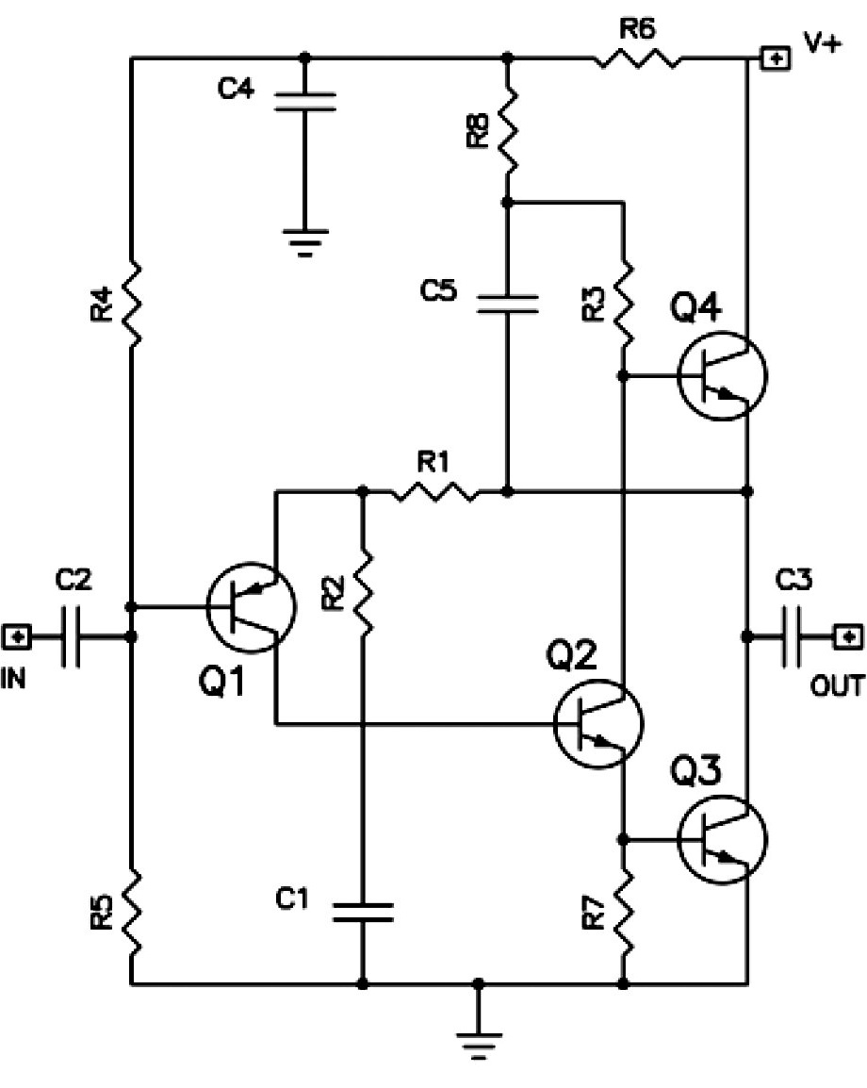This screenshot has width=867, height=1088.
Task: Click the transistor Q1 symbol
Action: (251, 607)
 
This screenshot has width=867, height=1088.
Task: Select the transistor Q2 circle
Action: (598, 724)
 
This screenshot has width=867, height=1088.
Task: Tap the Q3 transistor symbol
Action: (722, 840)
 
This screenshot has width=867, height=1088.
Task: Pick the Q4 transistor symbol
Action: (722, 375)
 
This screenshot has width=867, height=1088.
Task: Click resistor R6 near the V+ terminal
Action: (636, 58)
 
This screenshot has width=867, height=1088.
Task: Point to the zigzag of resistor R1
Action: (434, 492)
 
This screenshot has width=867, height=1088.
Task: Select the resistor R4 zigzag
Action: (131, 303)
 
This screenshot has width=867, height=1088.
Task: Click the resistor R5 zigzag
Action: (131, 912)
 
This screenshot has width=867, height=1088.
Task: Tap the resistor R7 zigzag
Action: (624, 912)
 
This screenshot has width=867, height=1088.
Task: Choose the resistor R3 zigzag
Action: (624, 303)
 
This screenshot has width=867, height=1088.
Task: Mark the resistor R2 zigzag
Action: (363, 592)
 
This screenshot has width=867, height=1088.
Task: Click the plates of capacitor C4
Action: (305, 101)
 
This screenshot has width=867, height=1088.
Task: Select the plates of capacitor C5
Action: (508, 304)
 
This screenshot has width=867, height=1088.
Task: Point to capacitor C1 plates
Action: (363, 913)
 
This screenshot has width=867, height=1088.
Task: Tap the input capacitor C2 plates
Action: (71, 636)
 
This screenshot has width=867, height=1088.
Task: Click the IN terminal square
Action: (17, 636)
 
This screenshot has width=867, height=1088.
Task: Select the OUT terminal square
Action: (846, 636)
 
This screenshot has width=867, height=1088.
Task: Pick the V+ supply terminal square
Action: (776, 58)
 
